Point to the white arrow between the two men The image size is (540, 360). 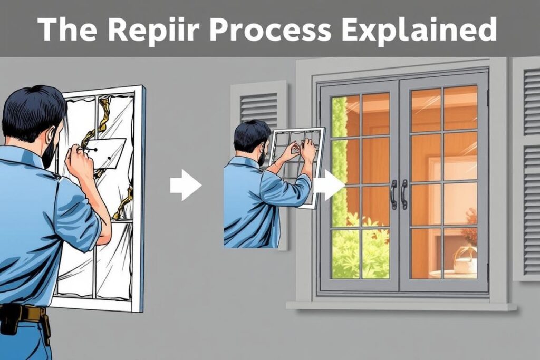(x=185, y=185)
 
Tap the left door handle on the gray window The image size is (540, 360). (x=393, y=194)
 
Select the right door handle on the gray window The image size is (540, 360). (x=404, y=194)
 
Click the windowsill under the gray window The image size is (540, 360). (x=401, y=305)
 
